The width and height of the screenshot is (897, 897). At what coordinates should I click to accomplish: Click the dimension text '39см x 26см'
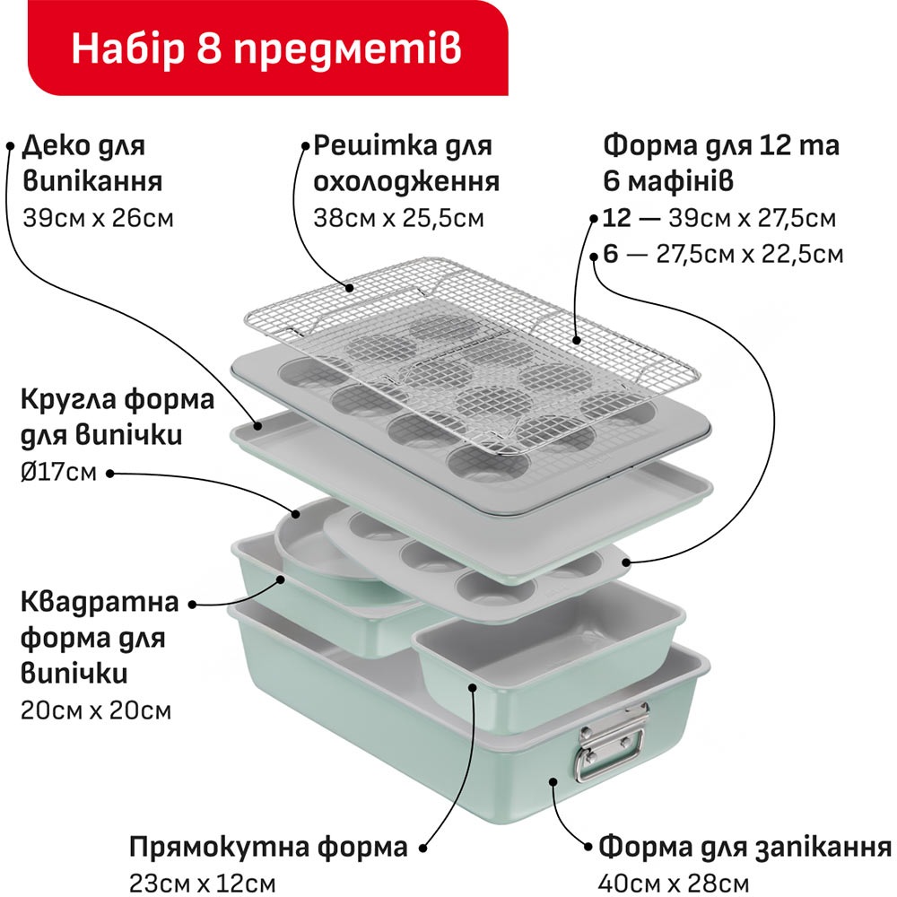[x=97, y=217]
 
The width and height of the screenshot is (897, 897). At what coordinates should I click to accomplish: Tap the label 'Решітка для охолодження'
[x=406, y=163]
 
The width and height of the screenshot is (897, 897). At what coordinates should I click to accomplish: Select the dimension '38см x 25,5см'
[x=398, y=217]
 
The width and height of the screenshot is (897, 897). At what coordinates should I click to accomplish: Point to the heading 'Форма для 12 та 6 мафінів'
[x=721, y=163]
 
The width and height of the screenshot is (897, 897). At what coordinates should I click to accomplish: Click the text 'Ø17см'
[x=57, y=472]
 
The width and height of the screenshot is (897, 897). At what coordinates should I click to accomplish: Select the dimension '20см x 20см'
[x=96, y=711]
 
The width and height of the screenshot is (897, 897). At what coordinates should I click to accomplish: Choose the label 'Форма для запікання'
[x=745, y=847]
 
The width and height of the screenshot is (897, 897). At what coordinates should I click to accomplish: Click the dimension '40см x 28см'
[x=674, y=882]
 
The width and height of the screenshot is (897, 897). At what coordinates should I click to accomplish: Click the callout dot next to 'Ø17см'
[x=109, y=472]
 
